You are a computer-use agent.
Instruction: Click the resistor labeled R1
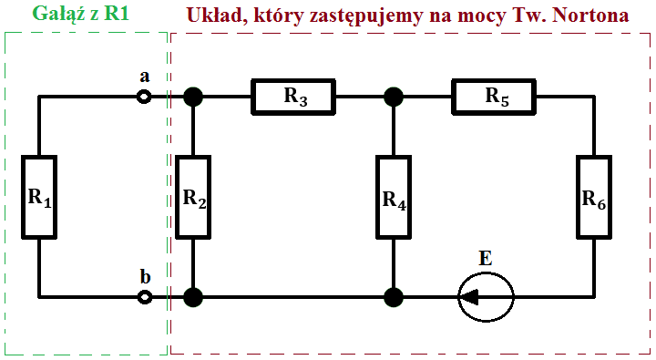point(38,196)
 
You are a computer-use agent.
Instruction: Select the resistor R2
point(194,197)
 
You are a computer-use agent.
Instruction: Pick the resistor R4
point(394,197)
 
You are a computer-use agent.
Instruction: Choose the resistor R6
point(593,196)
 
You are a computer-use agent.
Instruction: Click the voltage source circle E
point(485,296)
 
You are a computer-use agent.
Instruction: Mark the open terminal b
point(144,297)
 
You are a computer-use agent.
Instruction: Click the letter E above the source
point(485,259)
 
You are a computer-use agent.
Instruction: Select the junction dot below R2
point(193,297)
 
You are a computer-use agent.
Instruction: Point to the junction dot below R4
point(394,297)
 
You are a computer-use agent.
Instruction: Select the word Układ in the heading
point(214,15)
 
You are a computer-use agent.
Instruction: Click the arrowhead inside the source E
point(471,296)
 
